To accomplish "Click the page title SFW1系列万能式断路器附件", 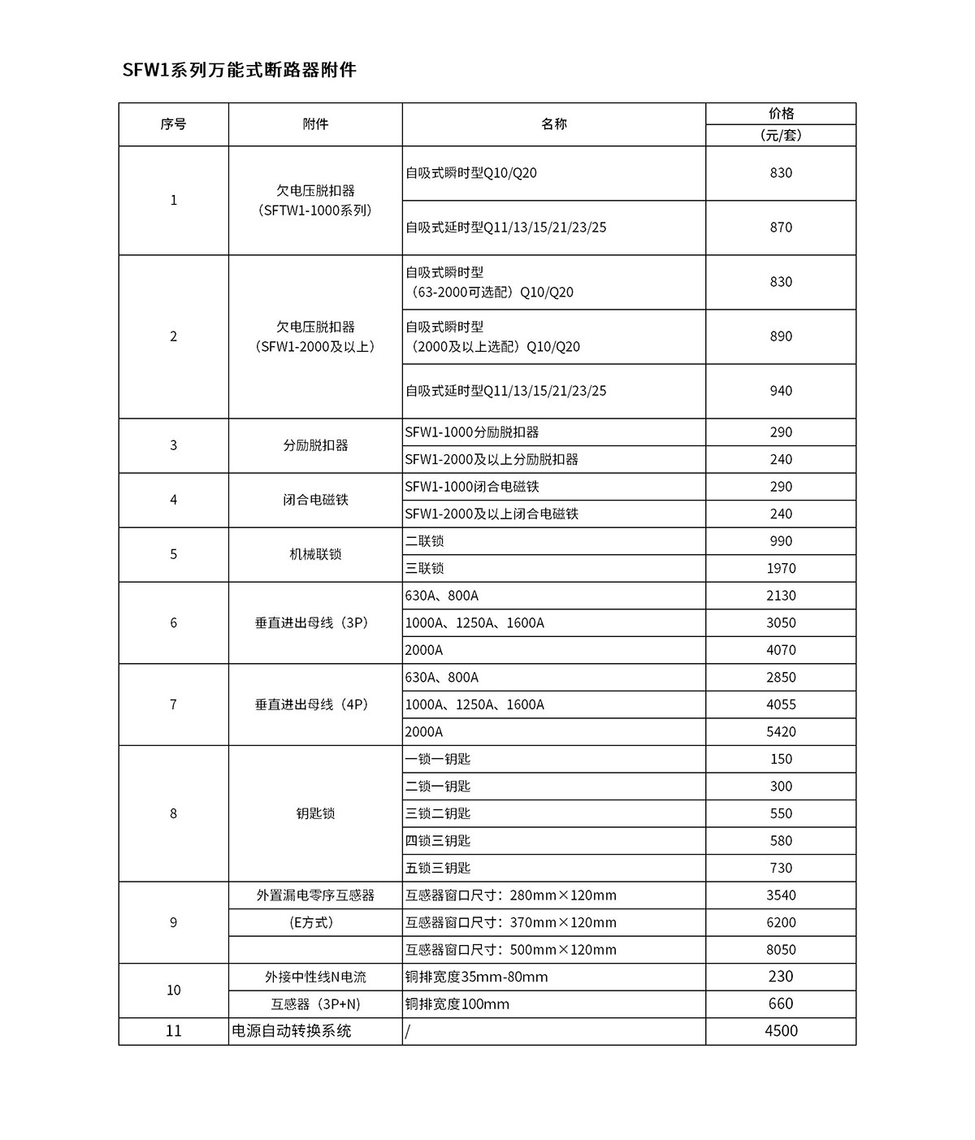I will [x=239, y=70].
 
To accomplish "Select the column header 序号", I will [x=173, y=124].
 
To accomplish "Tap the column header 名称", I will [x=553, y=124].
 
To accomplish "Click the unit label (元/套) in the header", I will [x=781, y=136].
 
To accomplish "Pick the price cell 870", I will [x=781, y=228].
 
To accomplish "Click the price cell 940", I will [x=781, y=391].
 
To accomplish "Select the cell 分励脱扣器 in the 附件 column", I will [x=315, y=446].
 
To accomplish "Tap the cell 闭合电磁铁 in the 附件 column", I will [x=315, y=501].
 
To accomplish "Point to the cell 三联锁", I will [x=425, y=569].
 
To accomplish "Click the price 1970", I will [x=781, y=569].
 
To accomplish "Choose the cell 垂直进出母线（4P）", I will [x=315, y=704].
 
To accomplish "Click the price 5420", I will [x=781, y=732].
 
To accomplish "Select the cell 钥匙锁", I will [x=315, y=813].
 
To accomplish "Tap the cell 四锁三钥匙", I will [x=438, y=841].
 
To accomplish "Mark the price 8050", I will [x=781, y=950].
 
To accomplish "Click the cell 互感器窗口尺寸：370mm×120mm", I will [x=511, y=923].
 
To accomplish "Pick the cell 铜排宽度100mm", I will [x=457, y=1004].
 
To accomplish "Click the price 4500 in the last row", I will [x=781, y=1031].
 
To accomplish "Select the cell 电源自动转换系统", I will [x=292, y=1031].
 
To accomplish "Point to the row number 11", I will [x=173, y=1031].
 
